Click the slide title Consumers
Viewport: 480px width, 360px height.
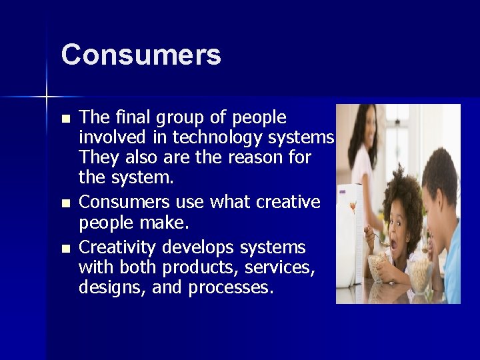141,55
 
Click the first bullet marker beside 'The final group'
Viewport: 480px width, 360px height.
65,119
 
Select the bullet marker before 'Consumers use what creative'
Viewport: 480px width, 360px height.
65,203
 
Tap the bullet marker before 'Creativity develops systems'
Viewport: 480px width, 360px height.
65,249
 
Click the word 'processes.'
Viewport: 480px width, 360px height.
231,288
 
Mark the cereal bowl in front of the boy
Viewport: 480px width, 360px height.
421,273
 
